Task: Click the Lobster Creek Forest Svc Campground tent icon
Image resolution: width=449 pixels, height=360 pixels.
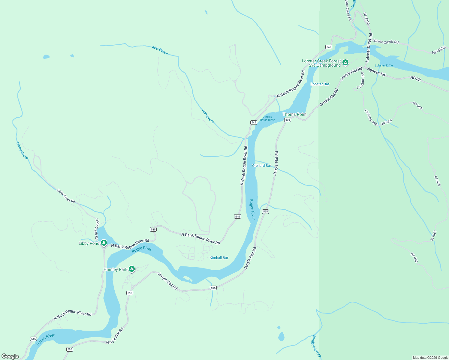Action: [345, 62]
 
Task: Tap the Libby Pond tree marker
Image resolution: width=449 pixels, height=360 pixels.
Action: [104, 242]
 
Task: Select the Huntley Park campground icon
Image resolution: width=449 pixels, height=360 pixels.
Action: [131, 269]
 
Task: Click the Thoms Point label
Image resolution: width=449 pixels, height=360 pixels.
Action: [294, 114]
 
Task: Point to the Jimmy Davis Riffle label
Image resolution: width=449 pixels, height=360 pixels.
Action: [267, 118]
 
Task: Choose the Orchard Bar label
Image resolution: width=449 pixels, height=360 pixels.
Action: [261, 166]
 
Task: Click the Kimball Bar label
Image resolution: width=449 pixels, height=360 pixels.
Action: [219, 258]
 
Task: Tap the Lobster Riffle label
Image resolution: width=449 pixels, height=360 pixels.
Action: [384, 65]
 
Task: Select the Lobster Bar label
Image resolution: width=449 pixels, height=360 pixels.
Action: [320, 84]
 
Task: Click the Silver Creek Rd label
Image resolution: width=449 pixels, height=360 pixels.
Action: [386, 42]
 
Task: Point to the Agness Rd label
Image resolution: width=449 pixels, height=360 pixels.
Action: [376, 72]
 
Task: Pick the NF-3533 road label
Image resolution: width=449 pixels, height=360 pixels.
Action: [439, 50]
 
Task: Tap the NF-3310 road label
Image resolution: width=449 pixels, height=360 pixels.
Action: [366, 19]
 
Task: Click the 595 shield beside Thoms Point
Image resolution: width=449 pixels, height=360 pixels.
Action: [288, 120]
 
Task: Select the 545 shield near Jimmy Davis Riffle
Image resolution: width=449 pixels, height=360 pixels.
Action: [254, 122]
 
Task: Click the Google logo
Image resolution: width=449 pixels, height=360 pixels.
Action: [10, 356]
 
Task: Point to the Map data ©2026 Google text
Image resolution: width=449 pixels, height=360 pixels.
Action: [430, 358]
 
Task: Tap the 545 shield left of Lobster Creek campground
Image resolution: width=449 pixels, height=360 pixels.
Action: [329, 47]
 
